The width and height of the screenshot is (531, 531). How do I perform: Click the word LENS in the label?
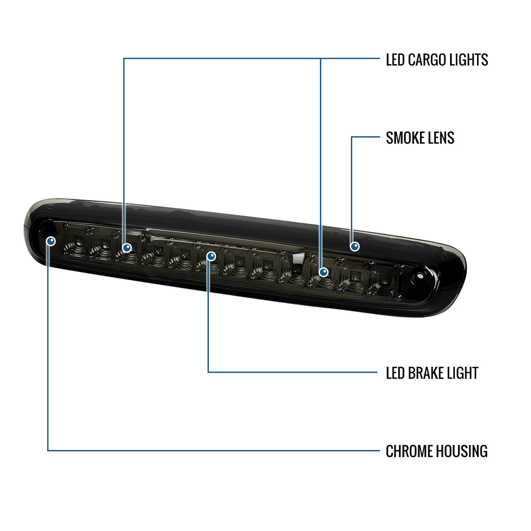click(440, 138)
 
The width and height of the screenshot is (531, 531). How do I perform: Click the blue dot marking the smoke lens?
click(354, 246)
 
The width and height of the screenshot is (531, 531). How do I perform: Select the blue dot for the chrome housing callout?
click(51, 241)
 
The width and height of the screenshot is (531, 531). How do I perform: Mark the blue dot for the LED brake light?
click(211, 256)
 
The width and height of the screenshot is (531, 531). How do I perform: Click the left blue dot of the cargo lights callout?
click(127, 248)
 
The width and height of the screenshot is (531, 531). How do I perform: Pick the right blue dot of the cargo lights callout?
click(323, 272)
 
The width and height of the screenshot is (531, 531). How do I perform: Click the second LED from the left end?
click(104, 244)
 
